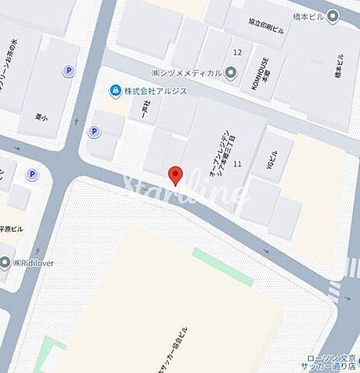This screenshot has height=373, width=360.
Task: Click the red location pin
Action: pos(176,175)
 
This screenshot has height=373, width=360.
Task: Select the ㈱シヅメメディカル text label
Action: pos(186,73)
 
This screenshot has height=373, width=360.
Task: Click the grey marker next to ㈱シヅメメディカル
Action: pos(231,73)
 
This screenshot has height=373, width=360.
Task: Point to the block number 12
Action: pos(237,52)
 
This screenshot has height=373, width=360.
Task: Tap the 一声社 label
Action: pos(145,108)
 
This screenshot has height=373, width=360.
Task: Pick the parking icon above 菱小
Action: pos(68,70)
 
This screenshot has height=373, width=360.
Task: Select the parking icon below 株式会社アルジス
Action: pos(94,131)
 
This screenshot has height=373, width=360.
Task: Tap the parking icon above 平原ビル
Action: pos(32,174)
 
